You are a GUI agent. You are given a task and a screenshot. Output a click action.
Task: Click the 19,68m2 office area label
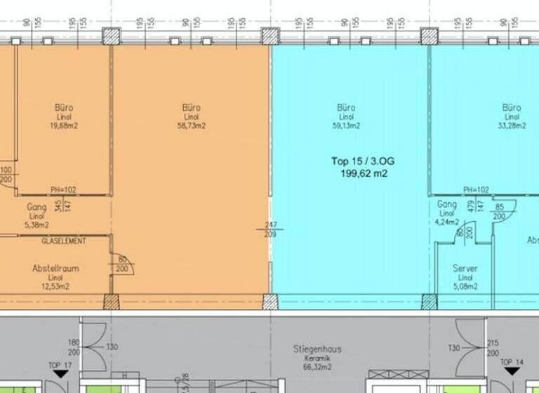(x=62, y=126)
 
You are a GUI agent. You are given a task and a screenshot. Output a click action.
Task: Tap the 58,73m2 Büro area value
(x=191, y=126)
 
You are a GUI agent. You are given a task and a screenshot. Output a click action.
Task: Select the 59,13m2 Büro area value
(x=346, y=126)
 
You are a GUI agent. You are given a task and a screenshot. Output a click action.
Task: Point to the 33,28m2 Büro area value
(x=512, y=126)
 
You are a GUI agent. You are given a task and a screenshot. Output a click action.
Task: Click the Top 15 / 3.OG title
(x=363, y=161)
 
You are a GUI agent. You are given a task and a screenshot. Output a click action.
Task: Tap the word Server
(x=465, y=269)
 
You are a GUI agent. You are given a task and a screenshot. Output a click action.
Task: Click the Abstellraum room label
(x=55, y=269)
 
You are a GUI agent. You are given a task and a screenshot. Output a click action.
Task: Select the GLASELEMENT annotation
(x=64, y=241)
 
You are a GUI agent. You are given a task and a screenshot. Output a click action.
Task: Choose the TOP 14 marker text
(x=512, y=362)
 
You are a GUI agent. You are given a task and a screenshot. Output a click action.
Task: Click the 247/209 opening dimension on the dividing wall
(x=270, y=229)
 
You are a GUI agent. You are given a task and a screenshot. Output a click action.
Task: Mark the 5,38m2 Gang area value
(x=36, y=225)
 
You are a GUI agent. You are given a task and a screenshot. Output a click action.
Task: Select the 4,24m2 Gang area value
(x=447, y=222)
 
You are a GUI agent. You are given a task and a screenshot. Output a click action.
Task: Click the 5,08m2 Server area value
(x=465, y=286)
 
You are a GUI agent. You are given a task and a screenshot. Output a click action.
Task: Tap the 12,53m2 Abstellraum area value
(x=55, y=286)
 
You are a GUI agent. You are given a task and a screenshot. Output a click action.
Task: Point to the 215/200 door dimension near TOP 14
(x=493, y=347)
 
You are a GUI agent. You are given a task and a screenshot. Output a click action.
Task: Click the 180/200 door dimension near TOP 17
(x=74, y=347)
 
